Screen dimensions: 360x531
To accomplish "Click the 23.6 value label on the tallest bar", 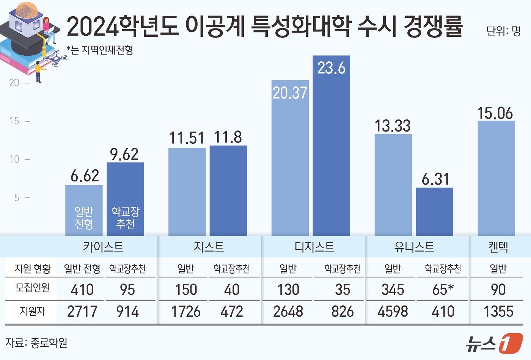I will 331,69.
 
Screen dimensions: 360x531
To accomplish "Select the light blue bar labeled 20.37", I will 290,159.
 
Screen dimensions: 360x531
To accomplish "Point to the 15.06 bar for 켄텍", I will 496,178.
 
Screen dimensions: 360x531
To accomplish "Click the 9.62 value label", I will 124,154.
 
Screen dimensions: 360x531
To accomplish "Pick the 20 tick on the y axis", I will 14,83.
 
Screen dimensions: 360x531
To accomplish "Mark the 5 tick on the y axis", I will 16,198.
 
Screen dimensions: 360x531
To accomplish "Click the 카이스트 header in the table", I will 103,247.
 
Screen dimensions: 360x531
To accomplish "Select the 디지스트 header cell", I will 314,247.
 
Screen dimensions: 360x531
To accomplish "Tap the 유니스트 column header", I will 414,247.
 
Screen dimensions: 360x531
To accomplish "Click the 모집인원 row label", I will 32,288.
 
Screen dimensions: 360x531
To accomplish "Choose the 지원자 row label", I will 33,311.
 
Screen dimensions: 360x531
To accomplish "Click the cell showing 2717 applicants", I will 82,311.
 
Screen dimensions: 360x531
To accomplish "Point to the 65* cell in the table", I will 443,290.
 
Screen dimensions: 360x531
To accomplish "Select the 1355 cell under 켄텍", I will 498,311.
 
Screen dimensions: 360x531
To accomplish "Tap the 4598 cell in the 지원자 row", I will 393,311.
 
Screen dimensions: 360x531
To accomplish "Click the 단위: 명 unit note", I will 503,31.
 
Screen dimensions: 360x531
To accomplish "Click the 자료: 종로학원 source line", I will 36,343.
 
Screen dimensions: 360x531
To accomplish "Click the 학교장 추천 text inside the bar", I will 125,218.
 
